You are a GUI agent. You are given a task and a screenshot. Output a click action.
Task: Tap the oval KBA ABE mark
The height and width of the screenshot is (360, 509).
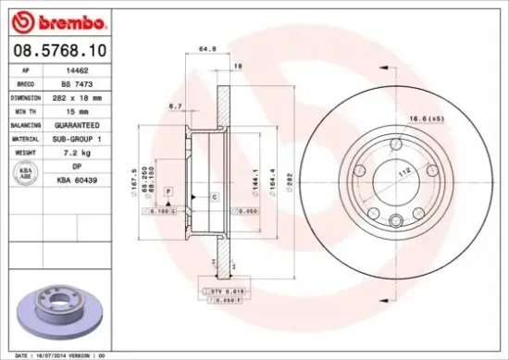(x=24, y=173)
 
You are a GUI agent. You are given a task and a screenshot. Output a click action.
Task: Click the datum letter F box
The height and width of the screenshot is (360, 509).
(x=168, y=191)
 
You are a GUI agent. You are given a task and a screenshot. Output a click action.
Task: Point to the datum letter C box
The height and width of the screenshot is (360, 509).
(x=214, y=198)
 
